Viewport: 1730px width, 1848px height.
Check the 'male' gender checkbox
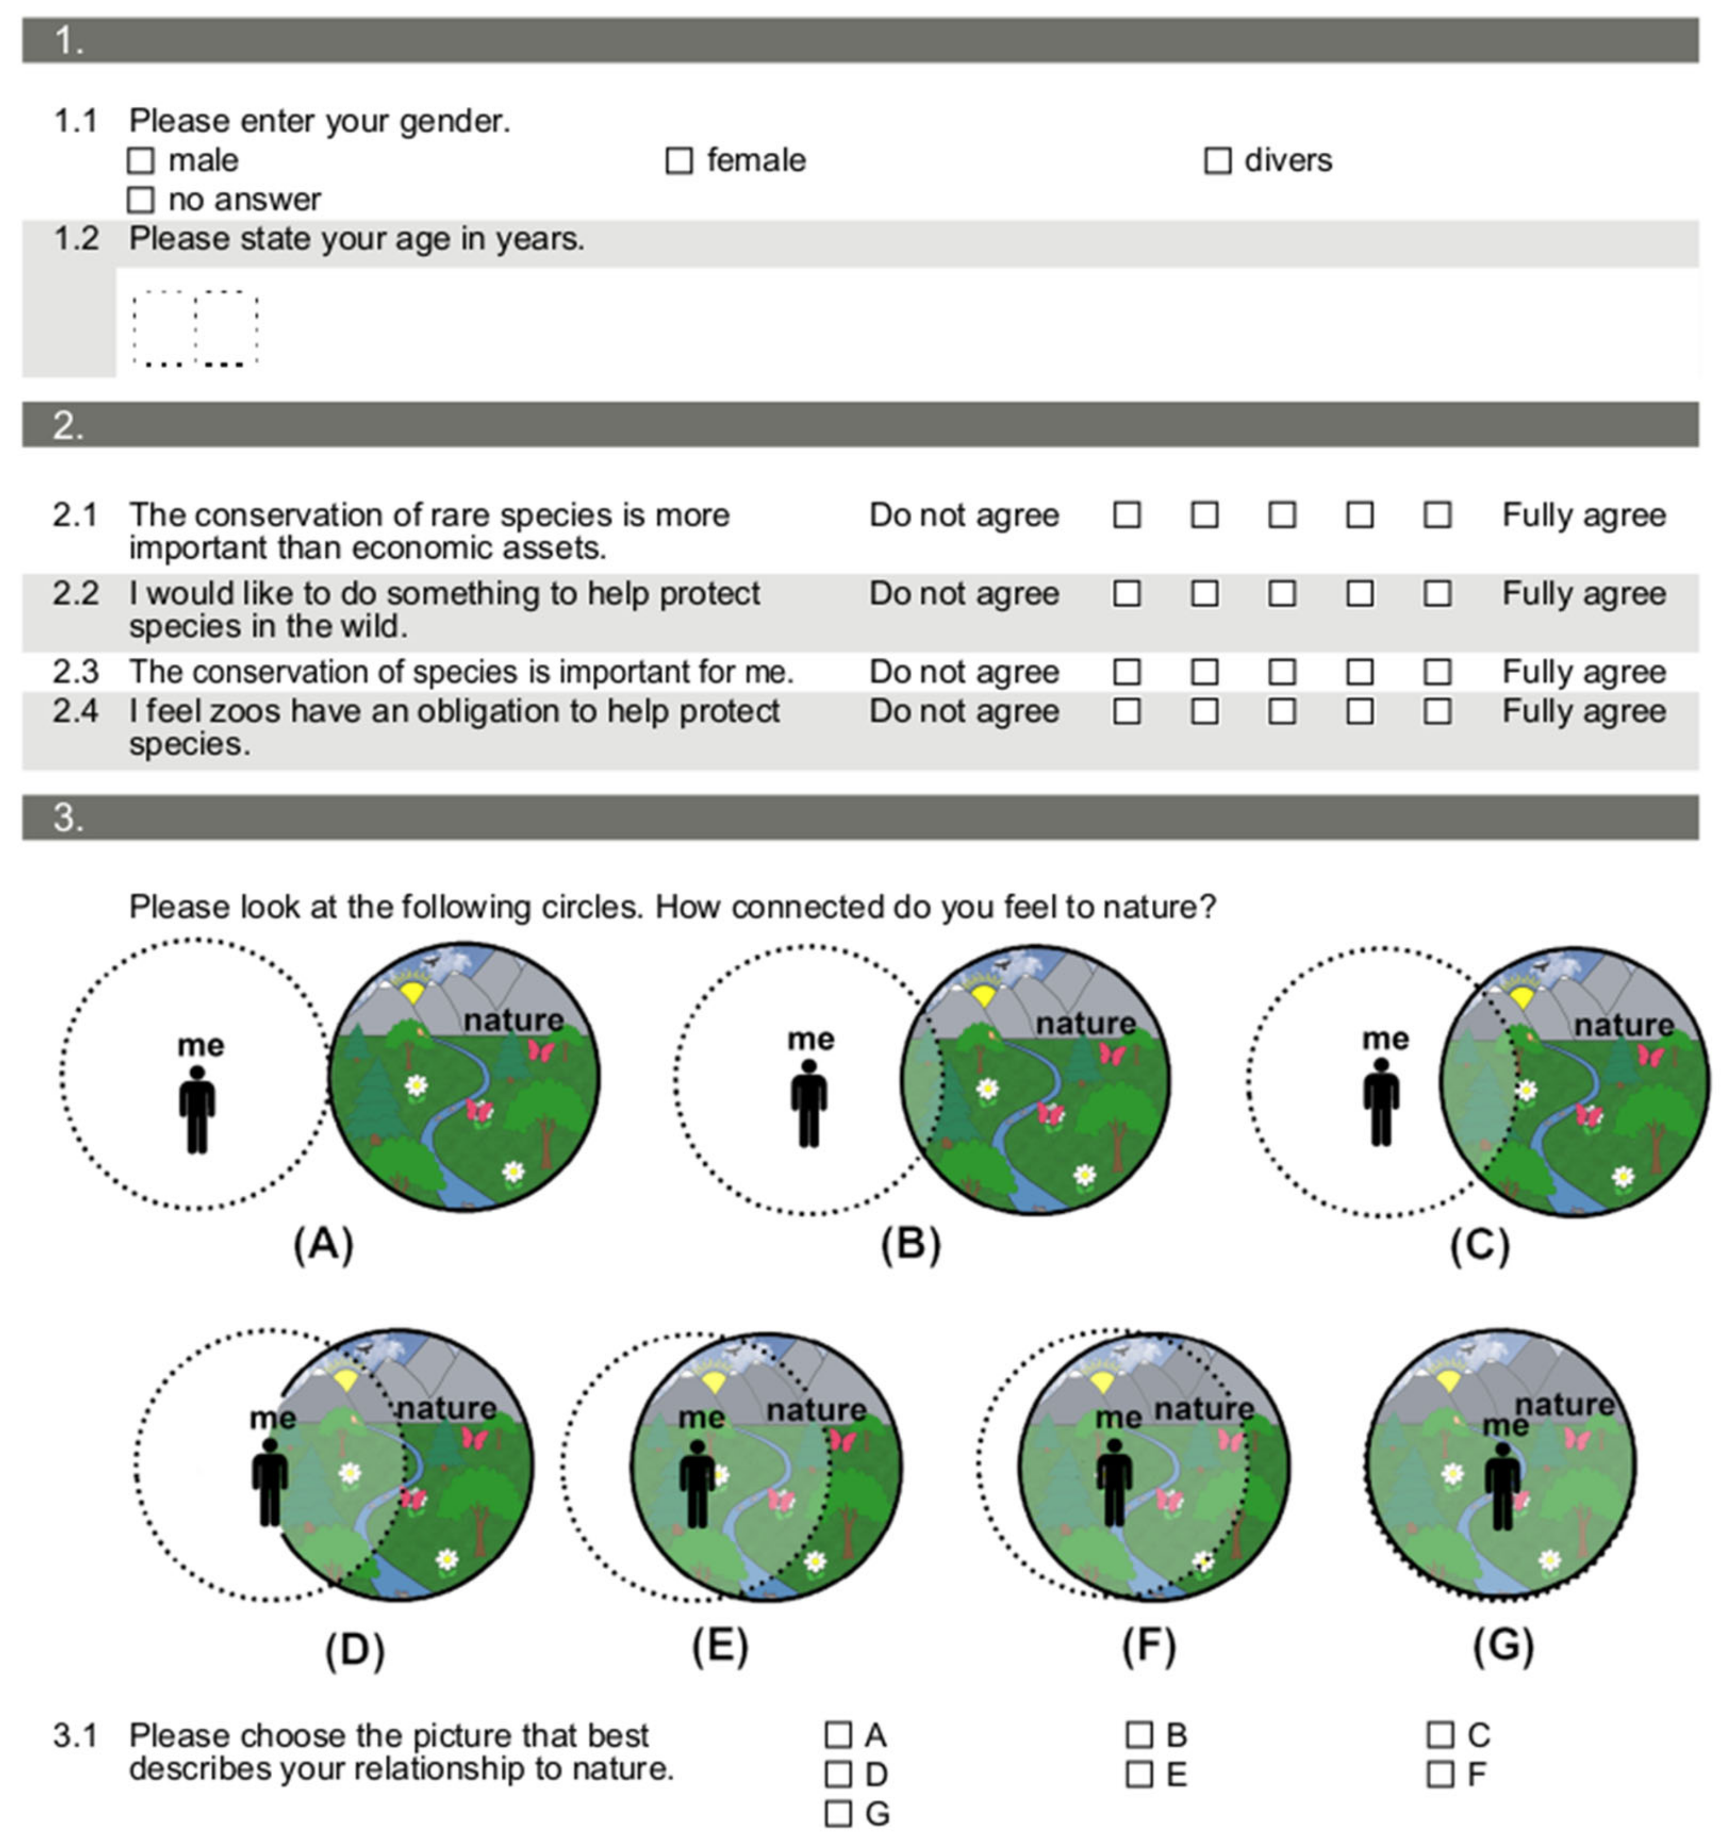click(140, 161)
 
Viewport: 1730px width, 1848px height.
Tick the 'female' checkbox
click(679, 161)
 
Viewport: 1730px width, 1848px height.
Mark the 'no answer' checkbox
click(140, 200)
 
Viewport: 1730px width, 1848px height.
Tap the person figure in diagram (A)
click(197, 1109)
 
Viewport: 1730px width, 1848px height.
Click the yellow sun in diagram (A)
click(410, 991)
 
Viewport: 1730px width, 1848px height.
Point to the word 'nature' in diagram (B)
click(1086, 1023)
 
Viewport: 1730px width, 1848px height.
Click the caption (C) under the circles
click(1479, 1244)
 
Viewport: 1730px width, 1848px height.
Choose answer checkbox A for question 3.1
click(838, 1735)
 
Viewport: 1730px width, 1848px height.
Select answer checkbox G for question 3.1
click(838, 1813)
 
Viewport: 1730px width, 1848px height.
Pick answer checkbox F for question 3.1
click(1440, 1774)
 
